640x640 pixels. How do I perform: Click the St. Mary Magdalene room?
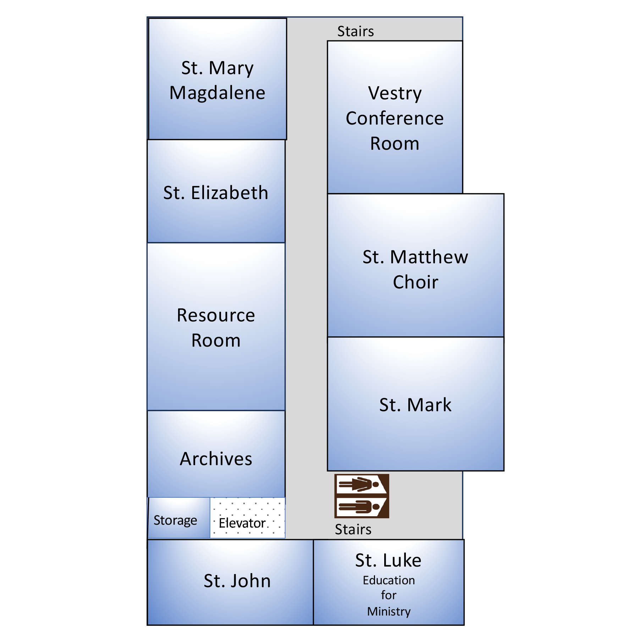tap(217, 79)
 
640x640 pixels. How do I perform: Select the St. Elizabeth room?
tap(216, 191)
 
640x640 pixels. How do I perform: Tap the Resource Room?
tap(216, 327)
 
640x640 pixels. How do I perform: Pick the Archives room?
tap(216, 454)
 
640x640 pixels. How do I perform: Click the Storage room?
tap(179, 518)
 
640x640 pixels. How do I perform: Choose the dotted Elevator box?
tap(248, 518)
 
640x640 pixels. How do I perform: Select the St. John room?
tap(230, 582)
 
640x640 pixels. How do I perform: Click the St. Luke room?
tap(389, 582)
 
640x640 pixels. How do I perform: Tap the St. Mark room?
tap(415, 404)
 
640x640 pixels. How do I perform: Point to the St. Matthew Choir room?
tap(415, 265)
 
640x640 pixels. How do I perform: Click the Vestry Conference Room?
tap(395, 117)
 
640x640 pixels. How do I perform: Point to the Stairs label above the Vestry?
tap(355, 31)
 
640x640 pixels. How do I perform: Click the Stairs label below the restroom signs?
tap(353, 529)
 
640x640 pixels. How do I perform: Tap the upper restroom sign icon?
tap(362, 484)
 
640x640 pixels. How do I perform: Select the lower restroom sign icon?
tap(362, 507)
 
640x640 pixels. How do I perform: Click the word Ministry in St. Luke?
tap(389, 611)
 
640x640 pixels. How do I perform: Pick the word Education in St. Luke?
tap(389, 580)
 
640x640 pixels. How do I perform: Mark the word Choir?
tap(415, 282)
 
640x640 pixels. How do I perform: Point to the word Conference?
tap(395, 118)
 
